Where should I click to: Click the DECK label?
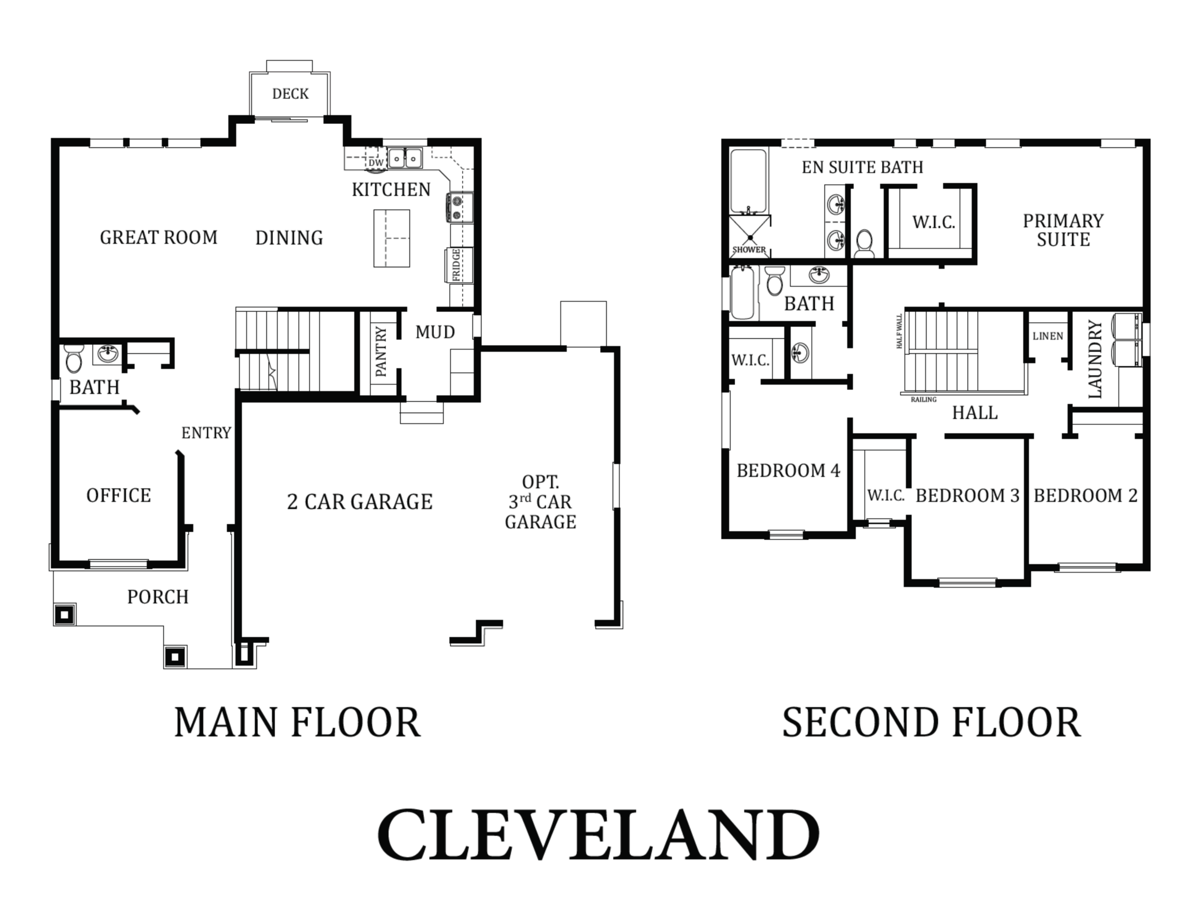pyautogui.click(x=290, y=94)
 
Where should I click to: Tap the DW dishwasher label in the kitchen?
pyautogui.click(x=376, y=162)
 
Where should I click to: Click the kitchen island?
pyautogui.click(x=392, y=238)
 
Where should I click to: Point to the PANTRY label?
pyautogui.click(x=381, y=351)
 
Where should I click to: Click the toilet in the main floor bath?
pyautogui.click(x=73, y=358)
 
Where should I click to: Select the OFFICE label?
pyautogui.click(x=118, y=495)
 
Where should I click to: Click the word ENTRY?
pyautogui.click(x=206, y=433)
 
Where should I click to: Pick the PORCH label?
pyautogui.click(x=158, y=596)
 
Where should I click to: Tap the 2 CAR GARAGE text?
pyautogui.click(x=359, y=502)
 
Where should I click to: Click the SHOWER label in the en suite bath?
pyautogui.click(x=749, y=250)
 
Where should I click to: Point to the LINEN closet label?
pyautogui.click(x=1048, y=336)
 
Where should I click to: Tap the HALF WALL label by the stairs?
pyautogui.click(x=899, y=331)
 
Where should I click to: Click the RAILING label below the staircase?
pyautogui.click(x=923, y=399)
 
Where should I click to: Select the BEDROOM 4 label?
pyautogui.click(x=789, y=471)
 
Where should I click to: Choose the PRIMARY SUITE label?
pyautogui.click(x=1063, y=230)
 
